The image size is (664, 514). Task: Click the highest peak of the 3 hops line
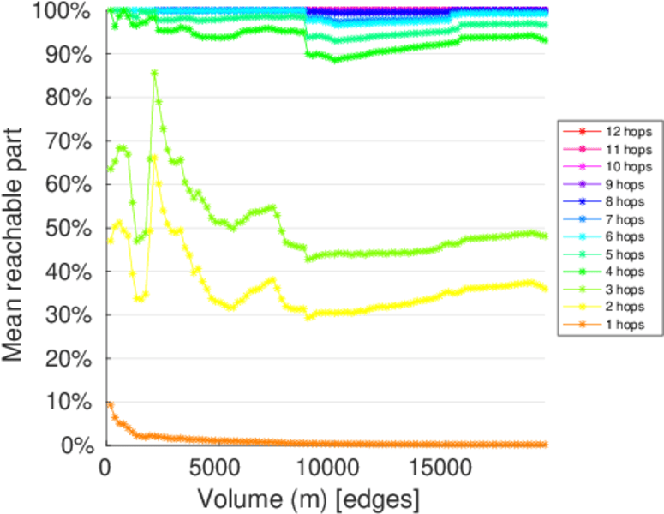(x=154, y=73)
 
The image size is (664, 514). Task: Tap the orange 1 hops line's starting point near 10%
(x=109, y=403)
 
